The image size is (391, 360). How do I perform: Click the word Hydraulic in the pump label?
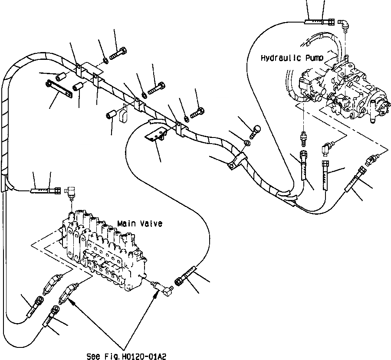(x=277, y=58)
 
